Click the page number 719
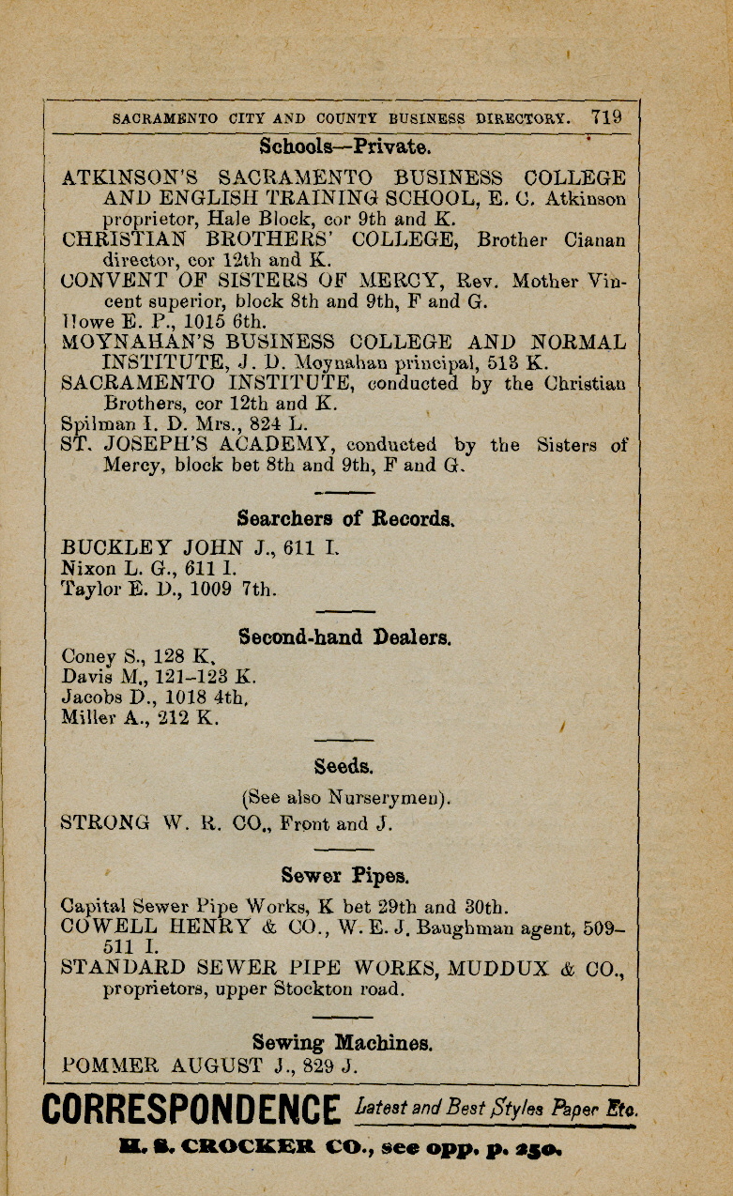click(x=606, y=117)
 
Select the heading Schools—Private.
click(x=344, y=146)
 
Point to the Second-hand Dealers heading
click(x=344, y=637)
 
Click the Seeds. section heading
click(x=344, y=766)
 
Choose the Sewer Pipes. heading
click(x=344, y=876)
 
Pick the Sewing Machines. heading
click(x=343, y=1042)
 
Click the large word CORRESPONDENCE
click(x=191, y=1110)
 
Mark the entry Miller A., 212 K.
click(x=140, y=718)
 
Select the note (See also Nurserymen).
click(x=346, y=798)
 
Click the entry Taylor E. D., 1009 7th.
click(x=168, y=590)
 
